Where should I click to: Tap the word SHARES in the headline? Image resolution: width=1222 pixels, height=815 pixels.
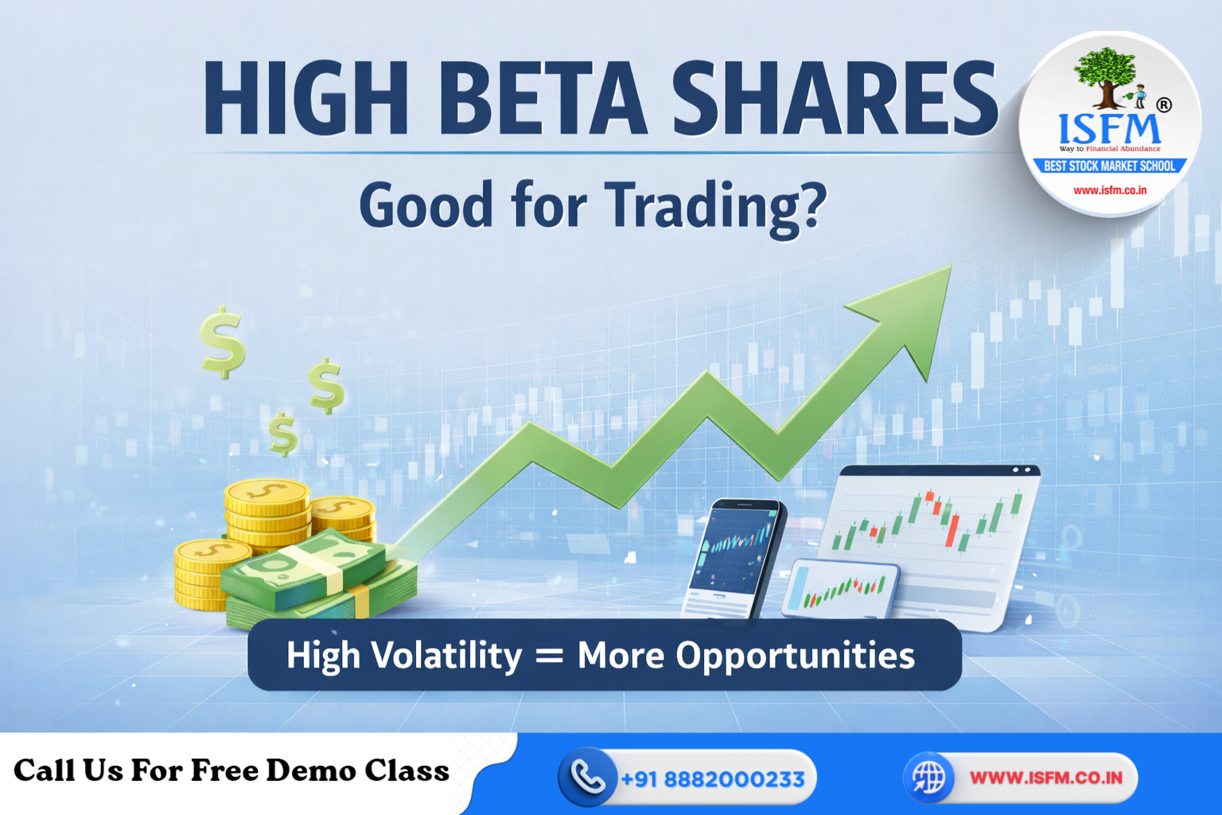(x=835, y=99)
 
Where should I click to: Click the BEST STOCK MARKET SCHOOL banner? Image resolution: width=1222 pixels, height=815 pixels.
(x=1109, y=166)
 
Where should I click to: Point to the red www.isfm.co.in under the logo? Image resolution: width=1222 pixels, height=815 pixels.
(x=1110, y=190)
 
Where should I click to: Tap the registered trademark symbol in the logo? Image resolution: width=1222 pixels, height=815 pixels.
(x=1163, y=105)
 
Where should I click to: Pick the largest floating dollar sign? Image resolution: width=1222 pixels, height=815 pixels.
(x=222, y=341)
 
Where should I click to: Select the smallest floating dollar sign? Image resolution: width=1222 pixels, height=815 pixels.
(x=282, y=434)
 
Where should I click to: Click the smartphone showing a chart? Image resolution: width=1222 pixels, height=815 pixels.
(x=734, y=557)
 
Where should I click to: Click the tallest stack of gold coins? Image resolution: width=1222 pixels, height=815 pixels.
(x=267, y=513)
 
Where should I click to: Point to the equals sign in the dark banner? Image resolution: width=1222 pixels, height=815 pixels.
(x=549, y=656)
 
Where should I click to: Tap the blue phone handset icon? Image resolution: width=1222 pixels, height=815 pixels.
(x=587, y=778)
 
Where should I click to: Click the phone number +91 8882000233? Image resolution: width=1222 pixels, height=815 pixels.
(x=712, y=778)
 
